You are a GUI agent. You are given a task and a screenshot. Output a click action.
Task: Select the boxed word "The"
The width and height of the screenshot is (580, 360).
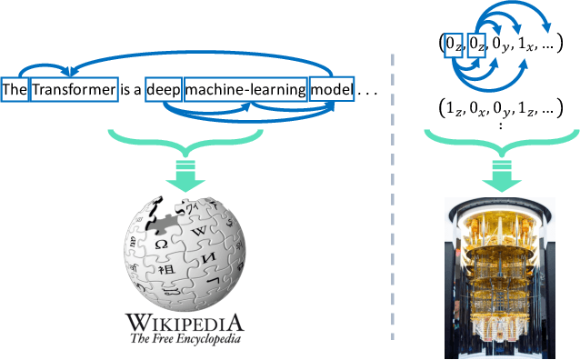click(15, 91)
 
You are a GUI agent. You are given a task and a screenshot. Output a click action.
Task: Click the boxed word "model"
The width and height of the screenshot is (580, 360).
click(331, 91)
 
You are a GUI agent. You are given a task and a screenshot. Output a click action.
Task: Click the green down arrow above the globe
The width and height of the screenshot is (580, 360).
click(186, 179)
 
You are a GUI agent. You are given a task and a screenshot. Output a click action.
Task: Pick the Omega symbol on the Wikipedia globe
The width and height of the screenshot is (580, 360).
click(161, 245)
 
